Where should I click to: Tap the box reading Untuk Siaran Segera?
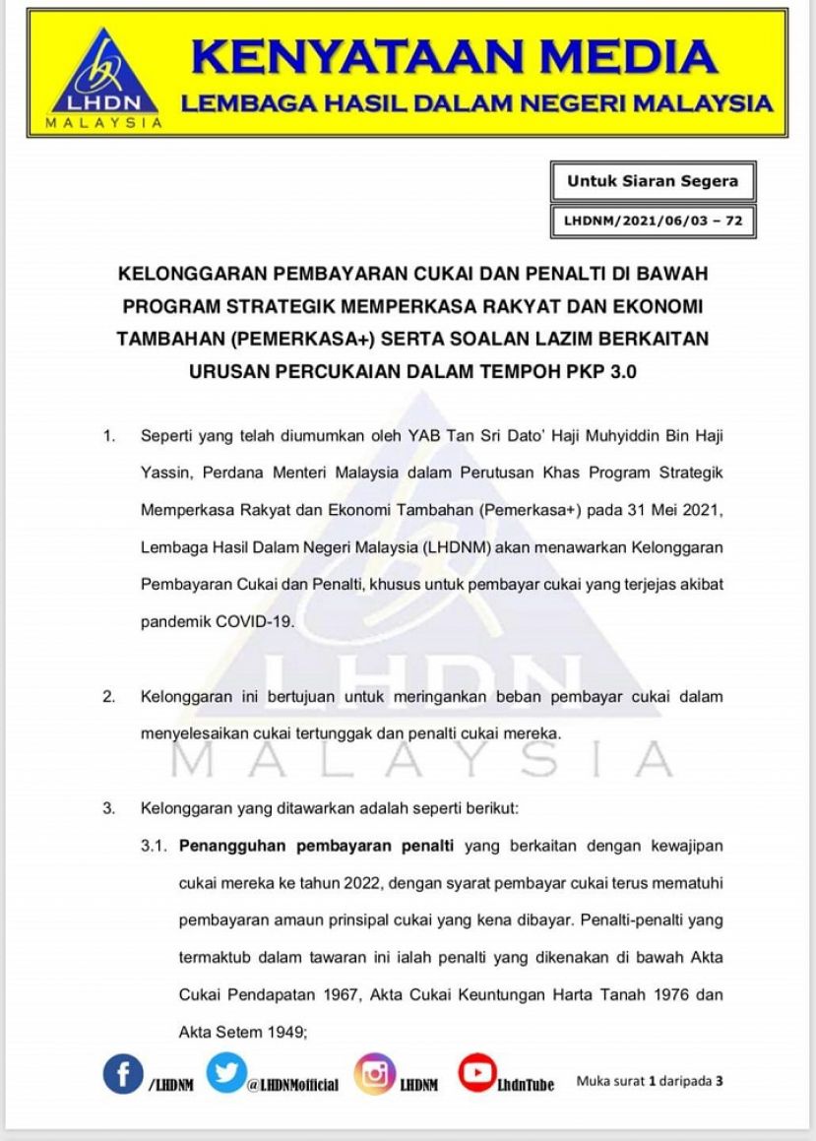point(653,181)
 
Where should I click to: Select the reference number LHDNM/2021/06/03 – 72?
point(653,222)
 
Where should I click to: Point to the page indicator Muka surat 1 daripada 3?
point(650,1080)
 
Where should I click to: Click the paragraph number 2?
point(108,697)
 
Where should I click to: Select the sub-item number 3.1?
point(155,846)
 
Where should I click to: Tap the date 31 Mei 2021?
point(679,509)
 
